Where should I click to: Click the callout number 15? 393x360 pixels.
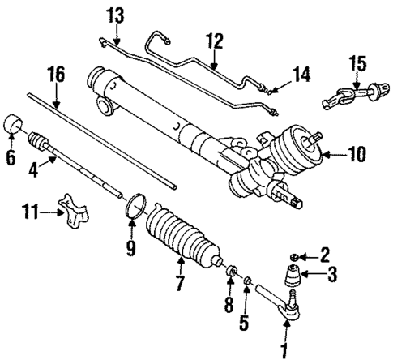[358, 62]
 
